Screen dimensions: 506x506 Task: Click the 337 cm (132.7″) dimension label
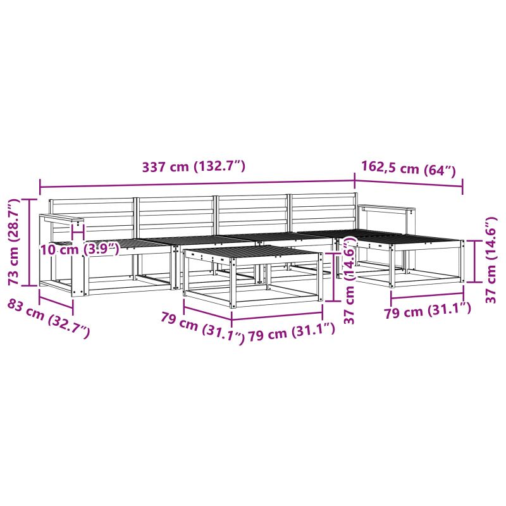click(194, 166)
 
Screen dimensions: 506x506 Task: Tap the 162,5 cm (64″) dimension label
click(408, 168)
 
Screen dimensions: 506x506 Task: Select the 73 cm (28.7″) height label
click(15, 242)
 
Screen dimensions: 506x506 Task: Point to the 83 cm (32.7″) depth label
click(49, 319)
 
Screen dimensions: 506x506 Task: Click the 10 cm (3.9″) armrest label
click(80, 249)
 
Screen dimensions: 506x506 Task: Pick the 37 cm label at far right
click(491, 260)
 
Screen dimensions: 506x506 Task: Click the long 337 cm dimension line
click(197, 184)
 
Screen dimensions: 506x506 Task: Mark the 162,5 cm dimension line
click(409, 183)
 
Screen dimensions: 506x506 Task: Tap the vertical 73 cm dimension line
click(30, 242)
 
